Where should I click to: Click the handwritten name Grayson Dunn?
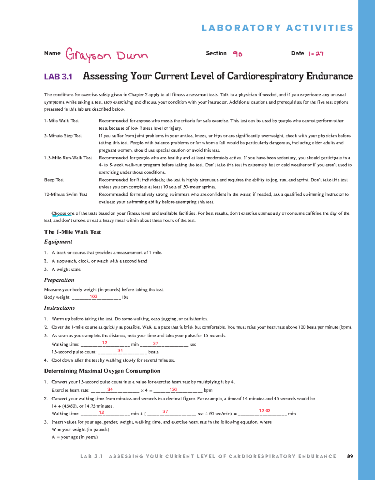pyautogui.click(x=107, y=55)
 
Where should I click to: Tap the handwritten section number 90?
pyautogui.click(x=237, y=54)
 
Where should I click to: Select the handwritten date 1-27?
pyautogui.click(x=315, y=54)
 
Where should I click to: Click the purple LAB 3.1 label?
pyautogui.click(x=58, y=77)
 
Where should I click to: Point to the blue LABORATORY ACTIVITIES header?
pyautogui.click(x=277, y=28)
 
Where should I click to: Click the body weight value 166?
pyautogui.click(x=93, y=296)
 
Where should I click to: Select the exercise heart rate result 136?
pyautogui.click(x=173, y=389)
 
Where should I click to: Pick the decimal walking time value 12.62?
pyautogui.click(x=264, y=411)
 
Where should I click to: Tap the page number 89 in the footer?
pyautogui.click(x=350, y=456)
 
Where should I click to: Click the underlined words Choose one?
pyautogui.click(x=63, y=213)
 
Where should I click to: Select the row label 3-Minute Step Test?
pyautogui.click(x=63, y=136)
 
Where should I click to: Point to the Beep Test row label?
pyautogui.click(x=54, y=180)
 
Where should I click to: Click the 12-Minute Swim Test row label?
pyautogui.click(x=66, y=194)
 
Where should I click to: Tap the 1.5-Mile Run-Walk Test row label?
pyautogui.click(x=68, y=158)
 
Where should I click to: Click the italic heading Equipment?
pyautogui.click(x=58, y=242)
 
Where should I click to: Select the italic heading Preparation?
pyautogui.click(x=59, y=280)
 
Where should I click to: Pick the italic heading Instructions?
pyautogui.click(x=59, y=308)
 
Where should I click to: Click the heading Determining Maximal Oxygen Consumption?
pyautogui.click(x=102, y=371)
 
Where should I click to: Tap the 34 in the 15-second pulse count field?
pyautogui.click(x=120, y=351)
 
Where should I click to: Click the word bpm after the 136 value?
pyautogui.click(x=208, y=390)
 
